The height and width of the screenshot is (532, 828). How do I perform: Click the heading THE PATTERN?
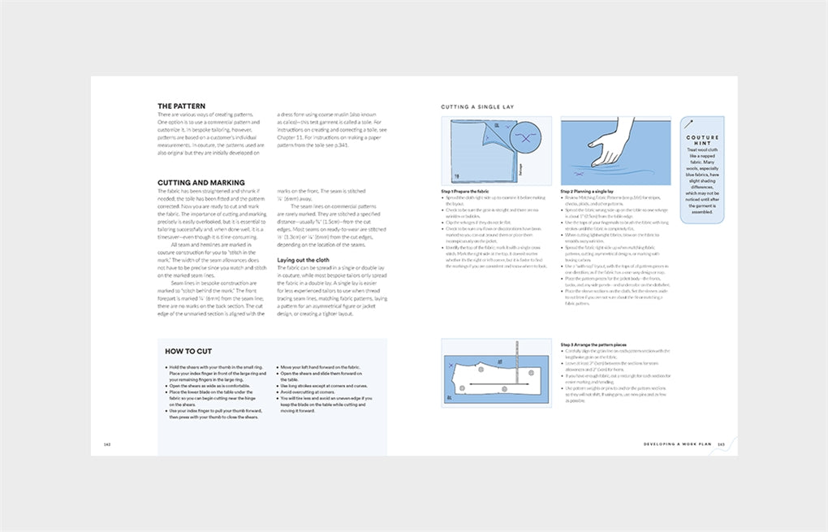tap(181, 106)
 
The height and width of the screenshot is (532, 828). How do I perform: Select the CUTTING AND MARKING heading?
tap(201, 183)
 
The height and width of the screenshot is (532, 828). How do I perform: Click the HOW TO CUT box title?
tap(190, 352)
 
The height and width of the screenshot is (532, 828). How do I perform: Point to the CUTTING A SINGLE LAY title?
tap(477, 107)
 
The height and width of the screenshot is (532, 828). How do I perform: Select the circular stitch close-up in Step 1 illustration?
tap(524, 138)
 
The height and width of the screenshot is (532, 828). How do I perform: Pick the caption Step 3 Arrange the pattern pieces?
tap(593, 345)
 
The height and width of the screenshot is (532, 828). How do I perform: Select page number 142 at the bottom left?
tap(107, 444)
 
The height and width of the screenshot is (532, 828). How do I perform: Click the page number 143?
tap(720, 444)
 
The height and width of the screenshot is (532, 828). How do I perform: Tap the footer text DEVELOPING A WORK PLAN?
tap(677, 444)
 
